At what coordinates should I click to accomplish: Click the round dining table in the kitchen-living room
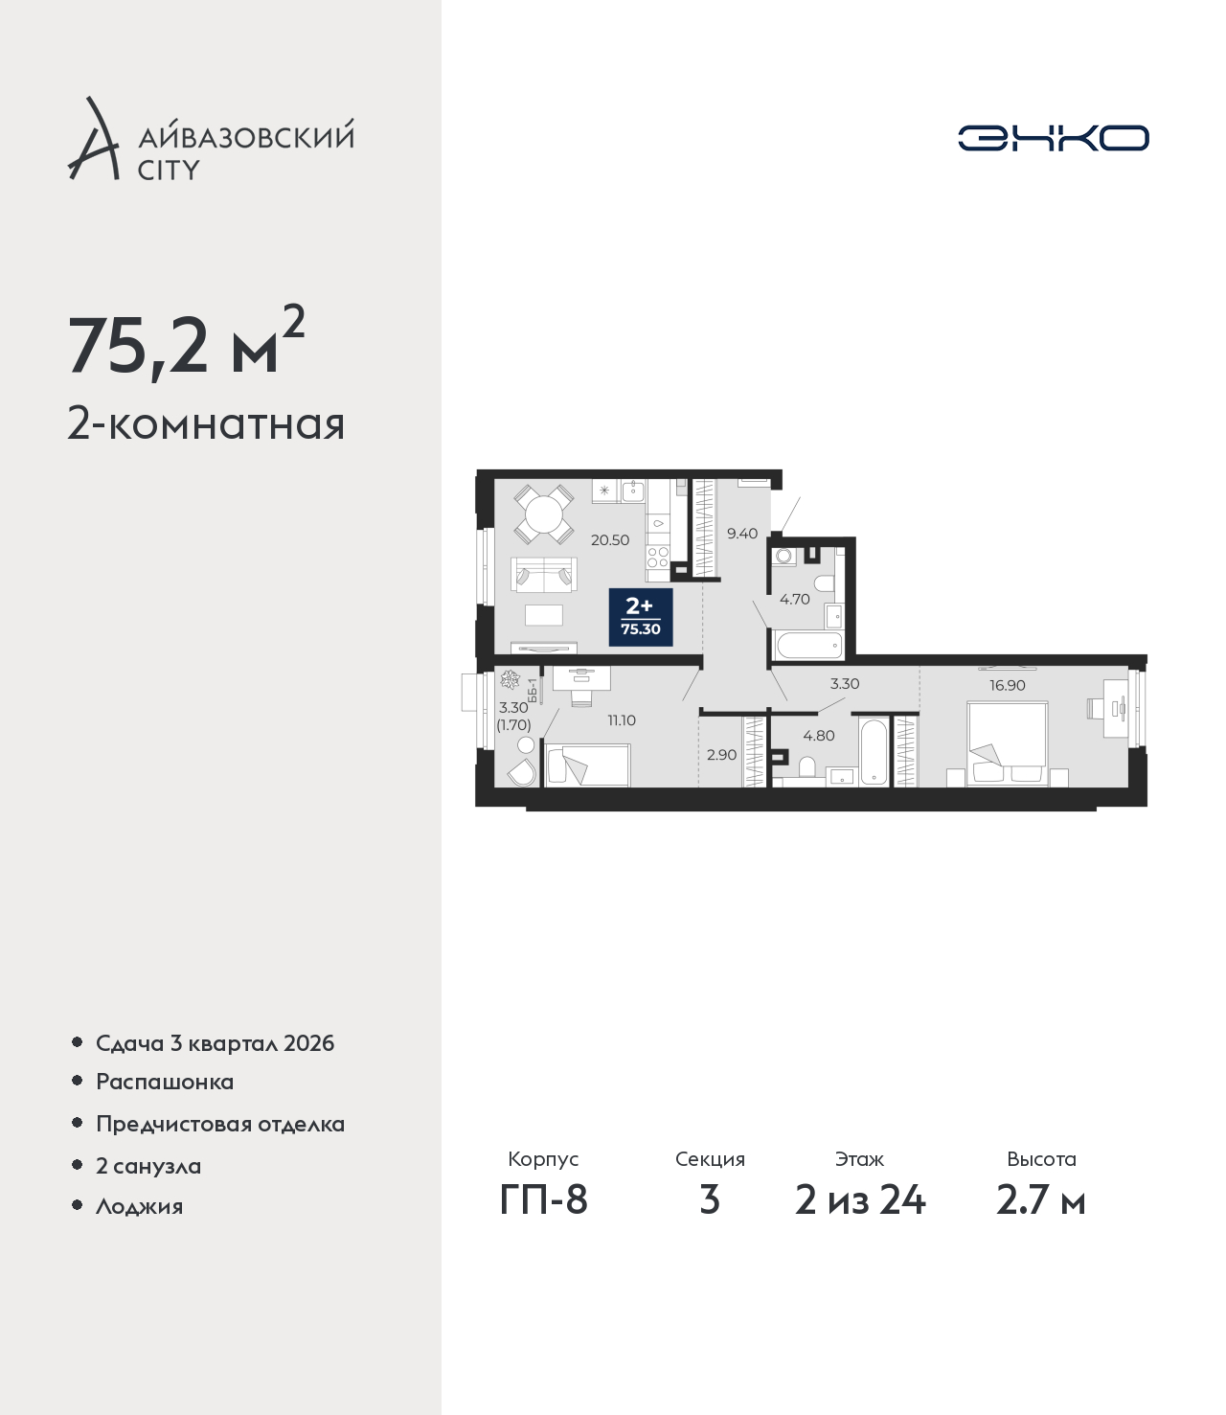(x=544, y=514)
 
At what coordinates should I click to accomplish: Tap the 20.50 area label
(x=610, y=540)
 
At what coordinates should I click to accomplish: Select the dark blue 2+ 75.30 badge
(x=641, y=617)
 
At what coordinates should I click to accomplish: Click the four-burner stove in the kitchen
(x=658, y=558)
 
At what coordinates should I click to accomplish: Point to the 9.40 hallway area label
(x=742, y=534)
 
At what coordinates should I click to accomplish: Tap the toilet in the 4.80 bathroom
(x=807, y=766)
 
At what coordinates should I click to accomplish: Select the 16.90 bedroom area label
(x=1007, y=685)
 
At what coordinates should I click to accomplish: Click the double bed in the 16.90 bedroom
(x=1007, y=743)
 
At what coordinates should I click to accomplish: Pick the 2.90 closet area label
(x=721, y=755)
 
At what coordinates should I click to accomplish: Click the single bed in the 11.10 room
(x=586, y=765)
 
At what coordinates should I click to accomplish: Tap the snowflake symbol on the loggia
(x=510, y=680)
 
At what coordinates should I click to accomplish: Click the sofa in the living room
(x=543, y=575)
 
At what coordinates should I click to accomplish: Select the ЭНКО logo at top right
(x=1053, y=138)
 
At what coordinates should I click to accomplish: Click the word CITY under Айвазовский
(x=169, y=170)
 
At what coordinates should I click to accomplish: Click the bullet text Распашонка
(x=165, y=1082)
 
